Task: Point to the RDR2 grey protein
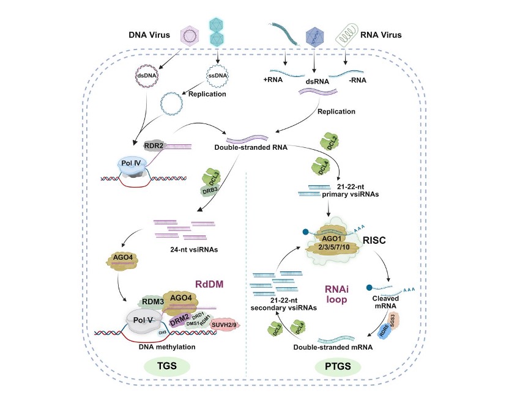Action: click(155, 146)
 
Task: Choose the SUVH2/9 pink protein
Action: click(226, 323)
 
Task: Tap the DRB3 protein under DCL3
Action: click(210, 191)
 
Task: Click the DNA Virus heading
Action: click(151, 35)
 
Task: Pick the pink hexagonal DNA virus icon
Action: click(190, 38)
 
